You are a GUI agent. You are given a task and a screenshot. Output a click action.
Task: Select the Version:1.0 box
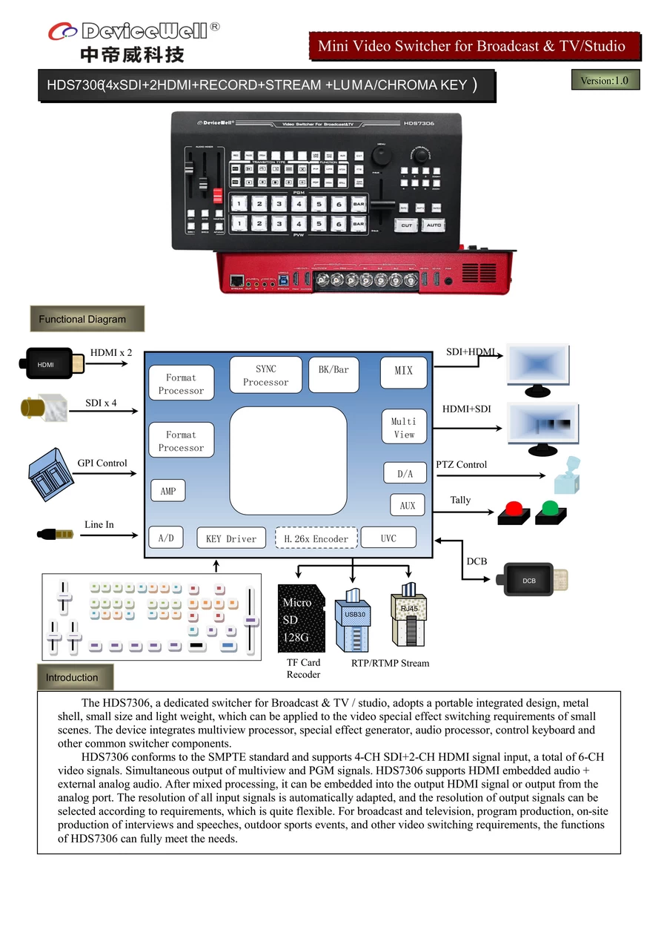605,80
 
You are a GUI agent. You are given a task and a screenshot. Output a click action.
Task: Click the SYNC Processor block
265,375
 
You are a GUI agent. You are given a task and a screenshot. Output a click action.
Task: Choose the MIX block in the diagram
404,372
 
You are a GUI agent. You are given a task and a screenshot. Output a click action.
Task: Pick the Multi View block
404,427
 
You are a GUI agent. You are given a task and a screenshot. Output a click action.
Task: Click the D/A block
405,473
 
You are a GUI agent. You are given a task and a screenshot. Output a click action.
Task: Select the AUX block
407,505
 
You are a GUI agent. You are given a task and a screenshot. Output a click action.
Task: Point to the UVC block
388,538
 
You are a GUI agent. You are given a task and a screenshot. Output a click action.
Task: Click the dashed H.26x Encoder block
316,538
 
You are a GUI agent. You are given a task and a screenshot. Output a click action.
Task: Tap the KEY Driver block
230,538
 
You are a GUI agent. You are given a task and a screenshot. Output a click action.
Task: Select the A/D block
166,538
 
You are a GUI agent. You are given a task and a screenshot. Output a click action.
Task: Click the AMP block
168,491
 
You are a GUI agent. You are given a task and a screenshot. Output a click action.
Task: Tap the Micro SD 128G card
301,618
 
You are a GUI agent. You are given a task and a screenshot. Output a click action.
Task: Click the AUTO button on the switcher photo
434,225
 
